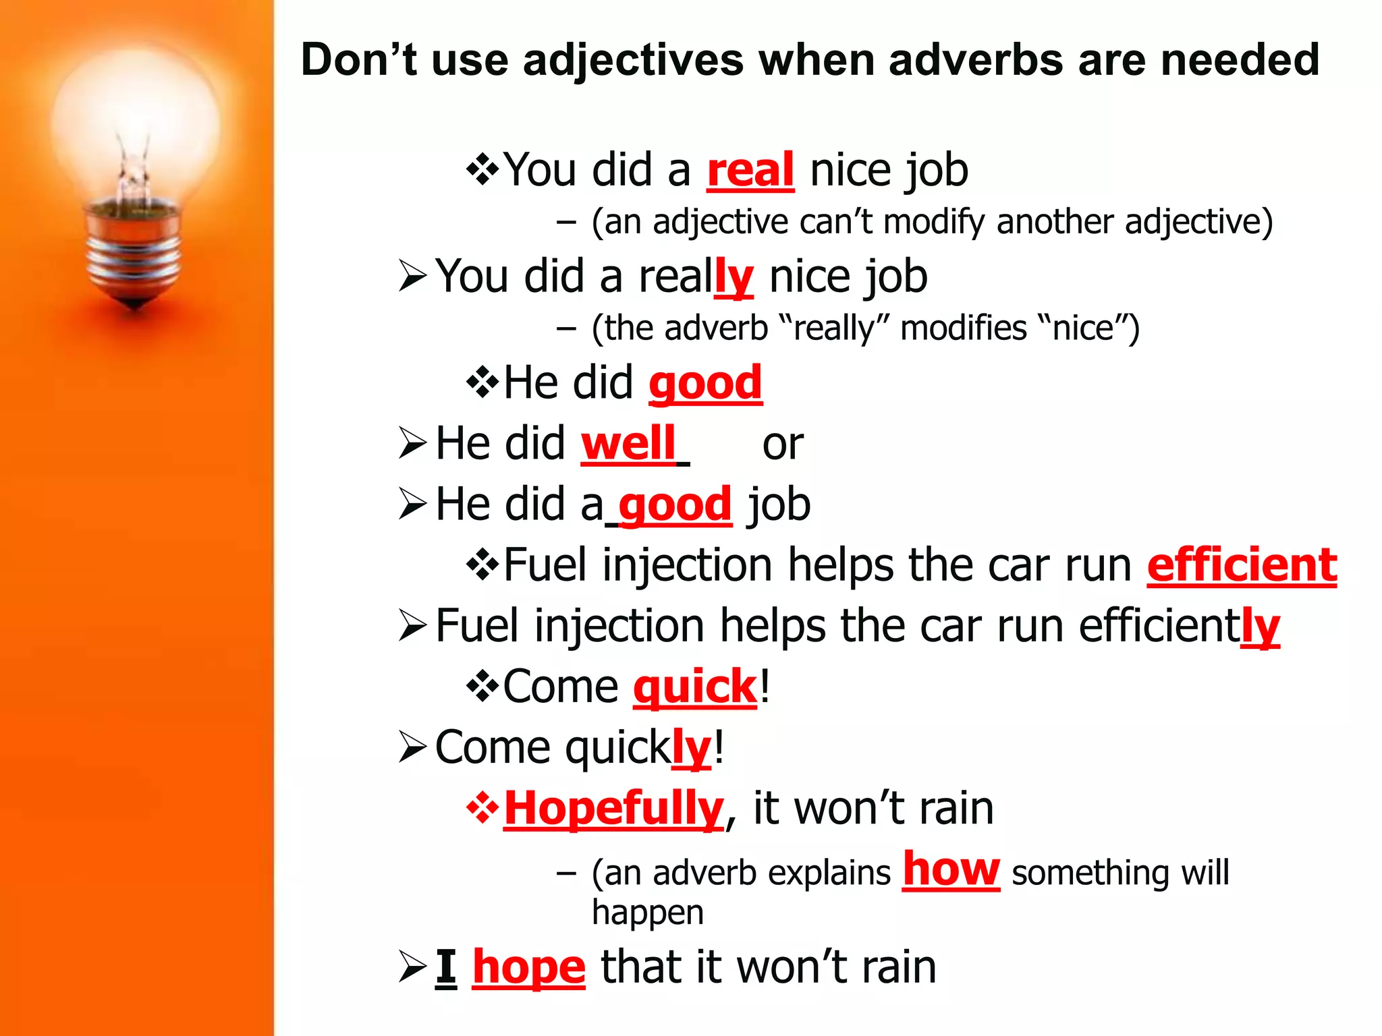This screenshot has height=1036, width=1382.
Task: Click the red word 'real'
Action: (x=750, y=170)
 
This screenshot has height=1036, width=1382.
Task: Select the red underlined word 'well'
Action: (x=628, y=444)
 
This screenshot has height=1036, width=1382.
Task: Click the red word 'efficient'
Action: (x=1242, y=565)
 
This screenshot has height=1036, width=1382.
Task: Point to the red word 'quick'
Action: (x=695, y=687)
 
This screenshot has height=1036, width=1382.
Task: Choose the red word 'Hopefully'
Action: (x=613, y=809)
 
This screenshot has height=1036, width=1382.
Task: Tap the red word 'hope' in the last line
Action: (x=528, y=968)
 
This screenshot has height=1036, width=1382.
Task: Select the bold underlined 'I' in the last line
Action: (x=445, y=968)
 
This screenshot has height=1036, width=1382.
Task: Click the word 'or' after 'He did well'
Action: (x=782, y=445)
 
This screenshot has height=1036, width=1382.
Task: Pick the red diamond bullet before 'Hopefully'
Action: (x=482, y=807)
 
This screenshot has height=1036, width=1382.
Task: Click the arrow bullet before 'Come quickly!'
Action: (x=412, y=747)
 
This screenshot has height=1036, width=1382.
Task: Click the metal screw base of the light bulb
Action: (x=134, y=256)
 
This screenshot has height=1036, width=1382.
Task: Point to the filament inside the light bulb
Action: (x=133, y=169)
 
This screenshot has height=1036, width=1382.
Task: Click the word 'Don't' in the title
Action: (x=358, y=59)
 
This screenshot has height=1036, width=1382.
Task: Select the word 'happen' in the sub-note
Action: (x=647, y=913)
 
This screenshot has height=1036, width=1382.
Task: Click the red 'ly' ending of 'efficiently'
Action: (x=1260, y=627)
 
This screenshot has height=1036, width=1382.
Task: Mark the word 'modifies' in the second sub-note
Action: (x=963, y=328)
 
